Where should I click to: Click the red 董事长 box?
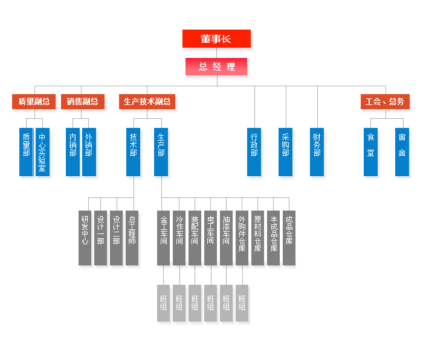(x=216, y=39)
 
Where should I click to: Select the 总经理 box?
(x=216, y=66)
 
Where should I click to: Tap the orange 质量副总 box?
(x=34, y=101)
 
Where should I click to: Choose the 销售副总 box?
(x=83, y=101)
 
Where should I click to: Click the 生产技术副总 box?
(x=147, y=101)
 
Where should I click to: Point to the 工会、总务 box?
(x=385, y=101)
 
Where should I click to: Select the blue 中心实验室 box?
(x=42, y=152)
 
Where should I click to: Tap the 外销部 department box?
(x=89, y=152)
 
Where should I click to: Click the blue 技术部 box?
(x=133, y=152)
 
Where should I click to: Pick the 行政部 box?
(x=254, y=152)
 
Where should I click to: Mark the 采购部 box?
(x=285, y=152)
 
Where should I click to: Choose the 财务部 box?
(x=317, y=152)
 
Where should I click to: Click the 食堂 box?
(x=370, y=152)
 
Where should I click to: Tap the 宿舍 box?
(x=402, y=152)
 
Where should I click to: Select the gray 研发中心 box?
(x=85, y=238)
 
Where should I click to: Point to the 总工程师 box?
(x=132, y=238)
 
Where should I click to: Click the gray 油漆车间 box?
(x=226, y=238)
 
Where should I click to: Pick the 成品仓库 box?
(x=289, y=238)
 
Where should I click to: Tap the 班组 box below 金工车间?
(x=163, y=303)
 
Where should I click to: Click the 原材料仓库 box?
(x=257, y=238)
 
